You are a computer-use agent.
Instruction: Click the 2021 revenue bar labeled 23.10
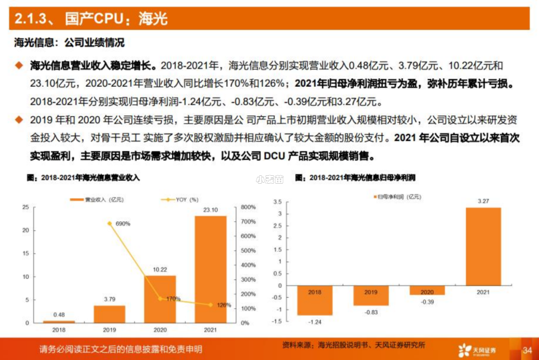click(x=210, y=270)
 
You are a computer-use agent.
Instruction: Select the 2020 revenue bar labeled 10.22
click(x=160, y=299)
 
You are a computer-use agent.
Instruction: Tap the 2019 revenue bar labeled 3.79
click(x=110, y=314)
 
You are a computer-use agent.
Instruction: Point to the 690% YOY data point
click(x=110, y=223)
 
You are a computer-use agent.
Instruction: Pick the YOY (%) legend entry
click(x=180, y=200)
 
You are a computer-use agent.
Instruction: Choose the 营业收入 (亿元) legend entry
click(x=97, y=200)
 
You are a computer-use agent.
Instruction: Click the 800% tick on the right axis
click(x=248, y=207)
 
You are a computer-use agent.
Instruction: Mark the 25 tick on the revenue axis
click(x=25, y=207)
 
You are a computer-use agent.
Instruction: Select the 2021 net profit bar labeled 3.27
click(x=483, y=246)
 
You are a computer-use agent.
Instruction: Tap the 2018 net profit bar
click(x=315, y=300)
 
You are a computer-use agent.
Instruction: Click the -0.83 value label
click(x=371, y=312)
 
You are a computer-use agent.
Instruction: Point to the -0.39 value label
click(x=427, y=302)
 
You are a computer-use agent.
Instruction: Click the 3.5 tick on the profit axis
click(x=277, y=202)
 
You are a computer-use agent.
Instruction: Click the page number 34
click(x=527, y=349)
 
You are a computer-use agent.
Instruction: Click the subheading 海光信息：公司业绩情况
click(x=69, y=43)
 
